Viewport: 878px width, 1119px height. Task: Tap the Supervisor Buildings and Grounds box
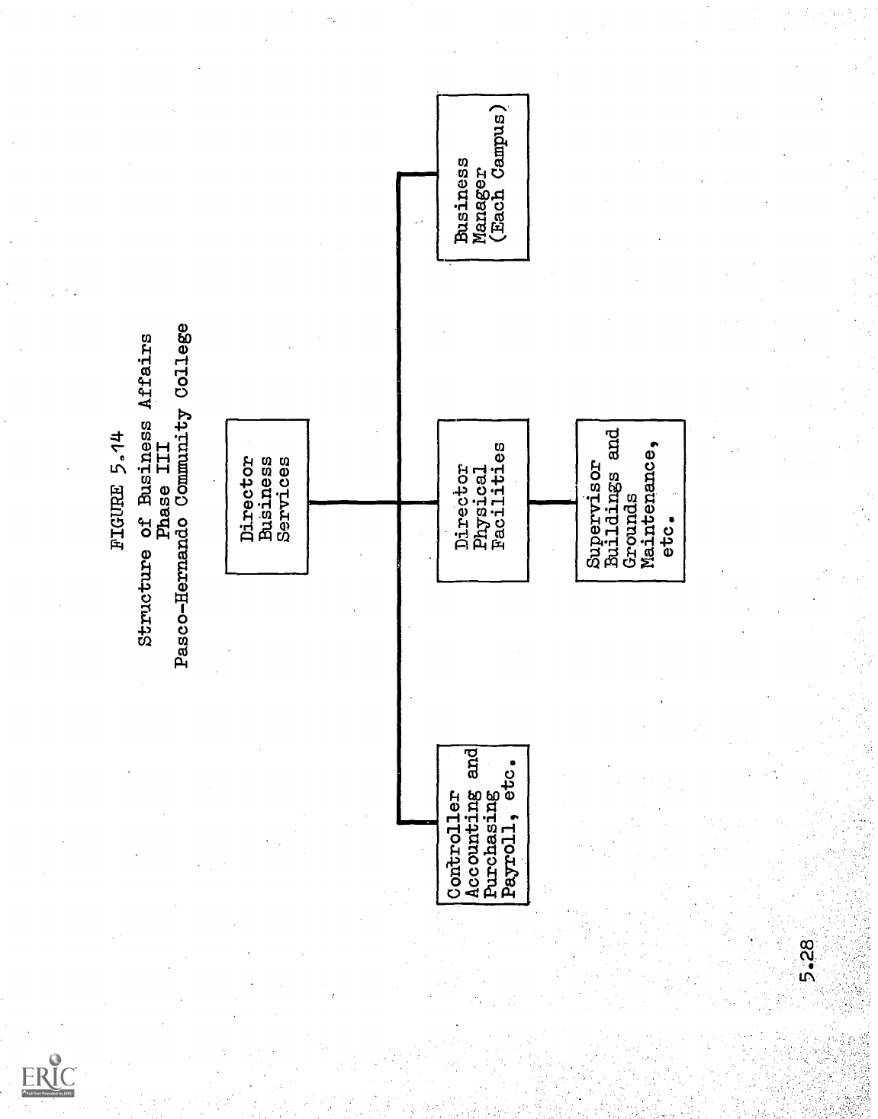pyautogui.click(x=630, y=500)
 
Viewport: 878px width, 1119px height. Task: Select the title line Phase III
pyautogui.click(x=162, y=488)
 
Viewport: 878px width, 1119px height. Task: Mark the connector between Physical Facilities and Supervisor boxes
pyautogui.click(x=553, y=502)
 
